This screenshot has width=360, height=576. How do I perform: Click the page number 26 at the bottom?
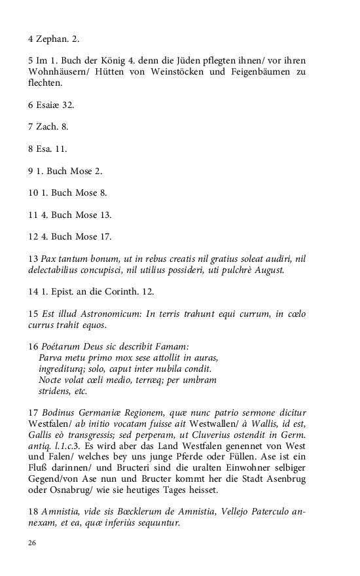pyautogui.click(x=32, y=543)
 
